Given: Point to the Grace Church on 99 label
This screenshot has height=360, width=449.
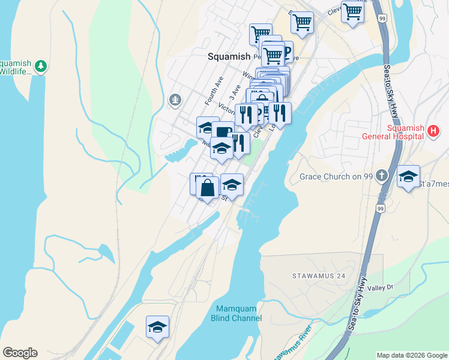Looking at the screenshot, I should click(x=337, y=176).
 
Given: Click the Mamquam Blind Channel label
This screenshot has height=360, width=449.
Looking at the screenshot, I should click(x=237, y=313).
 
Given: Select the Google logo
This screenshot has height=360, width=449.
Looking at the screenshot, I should click(x=20, y=353).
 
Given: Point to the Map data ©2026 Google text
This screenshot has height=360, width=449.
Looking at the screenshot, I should click(x=412, y=355).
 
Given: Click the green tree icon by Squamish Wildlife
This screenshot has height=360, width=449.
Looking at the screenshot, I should click(x=41, y=65).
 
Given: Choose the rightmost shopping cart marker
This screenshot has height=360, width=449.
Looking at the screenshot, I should click(x=353, y=11).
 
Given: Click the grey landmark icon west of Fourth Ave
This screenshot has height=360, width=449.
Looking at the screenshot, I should click(x=175, y=100).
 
